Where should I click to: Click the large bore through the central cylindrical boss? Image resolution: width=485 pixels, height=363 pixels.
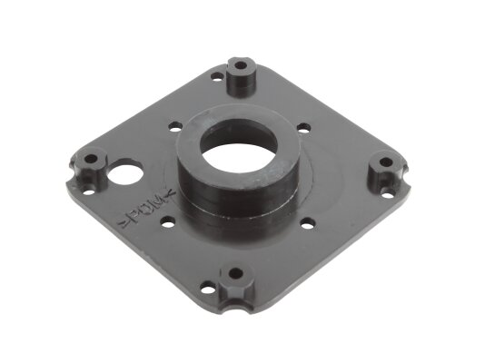click(x=239, y=150)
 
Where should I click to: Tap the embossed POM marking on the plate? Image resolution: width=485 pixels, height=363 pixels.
click(x=147, y=209)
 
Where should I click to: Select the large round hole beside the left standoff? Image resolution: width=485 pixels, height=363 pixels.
click(x=125, y=174)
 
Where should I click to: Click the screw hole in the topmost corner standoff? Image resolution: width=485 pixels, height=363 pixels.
click(x=240, y=65)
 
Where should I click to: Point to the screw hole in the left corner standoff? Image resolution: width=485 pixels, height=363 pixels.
click(x=91, y=159)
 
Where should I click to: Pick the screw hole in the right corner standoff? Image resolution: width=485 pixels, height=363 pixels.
click(x=386, y=162)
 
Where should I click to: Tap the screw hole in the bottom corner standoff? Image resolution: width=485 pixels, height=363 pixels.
click(x=236, y=273)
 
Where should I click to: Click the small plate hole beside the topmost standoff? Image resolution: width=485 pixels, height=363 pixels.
click(x=217, y=75)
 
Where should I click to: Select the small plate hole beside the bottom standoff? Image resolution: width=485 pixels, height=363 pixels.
click(x=208, y=289)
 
